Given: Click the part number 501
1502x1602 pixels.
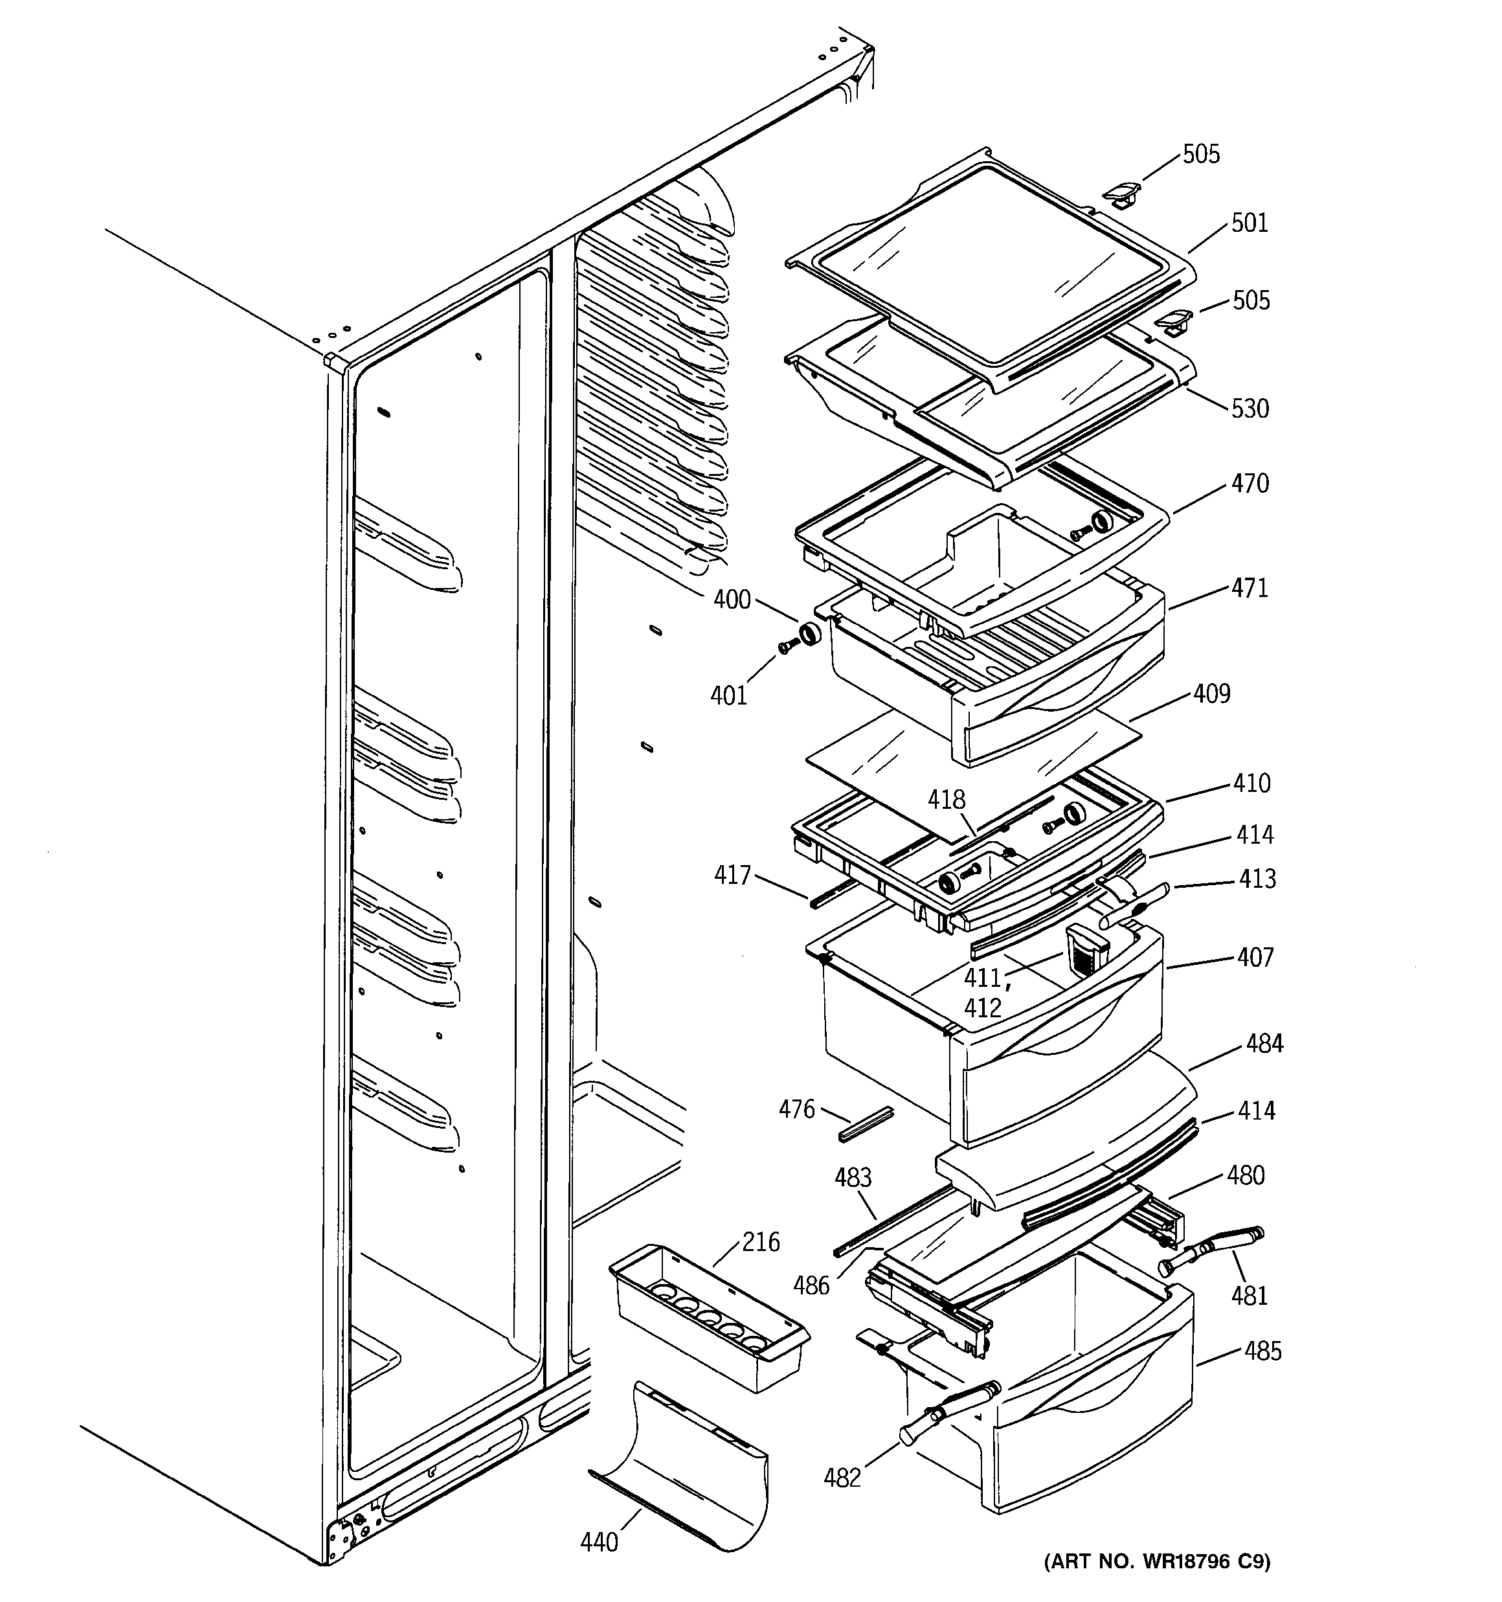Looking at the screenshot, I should click(1249, 223).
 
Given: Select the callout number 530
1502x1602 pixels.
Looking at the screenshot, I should click(1249, 409).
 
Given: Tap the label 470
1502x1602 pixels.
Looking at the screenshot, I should click(1249, 484).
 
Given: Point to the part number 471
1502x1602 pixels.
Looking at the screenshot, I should click(1249, 588).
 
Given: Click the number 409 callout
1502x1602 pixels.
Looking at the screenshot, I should click(1212, 694).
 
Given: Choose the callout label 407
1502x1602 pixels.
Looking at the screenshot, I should click(1255, 957).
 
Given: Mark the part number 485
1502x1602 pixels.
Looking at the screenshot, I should click(1262, 1351).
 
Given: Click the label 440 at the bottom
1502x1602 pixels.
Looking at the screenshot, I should click(599, 1542).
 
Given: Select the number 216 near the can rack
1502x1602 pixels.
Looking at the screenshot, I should click(761, 1242).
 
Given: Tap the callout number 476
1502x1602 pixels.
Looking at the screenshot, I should click(796, 1110).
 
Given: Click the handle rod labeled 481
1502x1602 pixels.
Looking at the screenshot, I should click(1216, 1250).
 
